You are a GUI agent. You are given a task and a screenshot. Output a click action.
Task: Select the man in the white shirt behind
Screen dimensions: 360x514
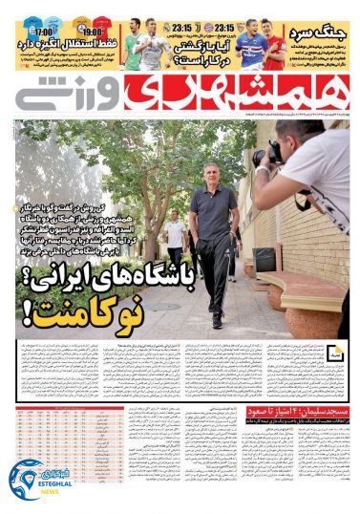point(175,234)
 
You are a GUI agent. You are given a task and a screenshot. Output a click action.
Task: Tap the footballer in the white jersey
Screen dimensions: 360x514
point(153,43)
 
